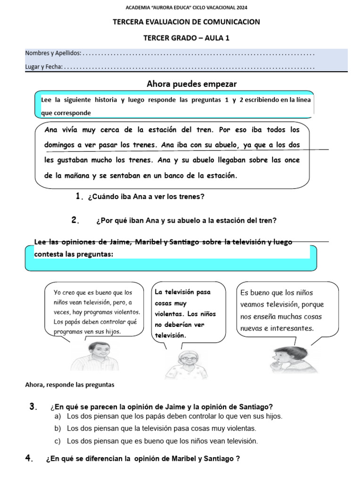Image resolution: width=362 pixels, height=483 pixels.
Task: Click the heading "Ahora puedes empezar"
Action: pyautogui.click(x=191, y=84)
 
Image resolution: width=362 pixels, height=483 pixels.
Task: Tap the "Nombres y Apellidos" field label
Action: pyautogui.click(x=53, y=53)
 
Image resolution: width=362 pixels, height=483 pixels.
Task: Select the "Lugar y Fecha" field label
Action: pyautogui.click(x=43, y=67)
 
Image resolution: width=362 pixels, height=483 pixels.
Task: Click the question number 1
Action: pyautogui.click(x=79, y=196)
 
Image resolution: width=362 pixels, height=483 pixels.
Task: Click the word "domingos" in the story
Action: pyautogui.click(x=61, y=145)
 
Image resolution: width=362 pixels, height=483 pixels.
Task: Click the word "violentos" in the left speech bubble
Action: pyautogui.click(x=124, y=312)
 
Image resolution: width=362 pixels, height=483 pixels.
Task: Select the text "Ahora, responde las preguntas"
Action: pyautogui.click(x=70, y=384)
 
